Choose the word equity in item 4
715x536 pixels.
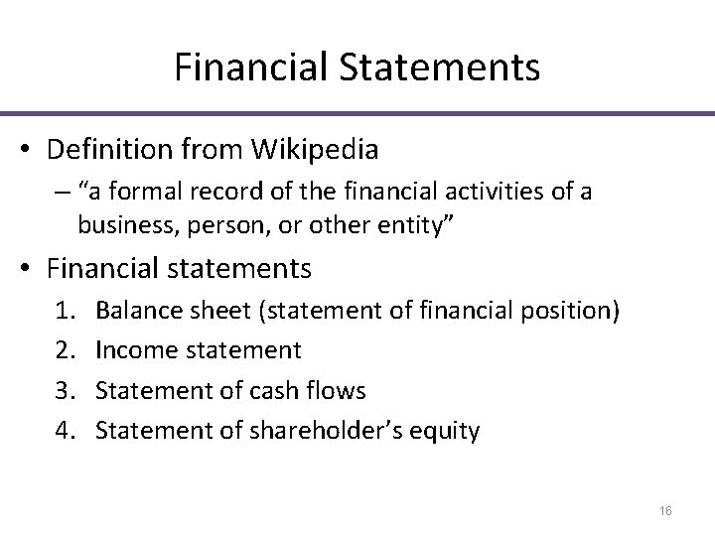(x=445, y=431)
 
